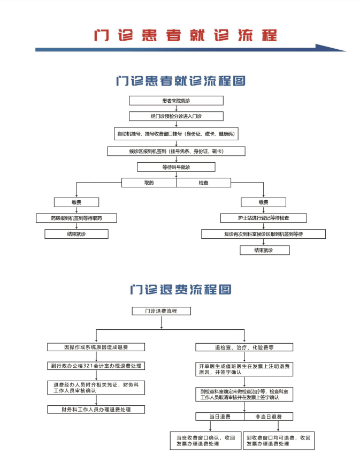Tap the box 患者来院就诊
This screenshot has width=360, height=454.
176,101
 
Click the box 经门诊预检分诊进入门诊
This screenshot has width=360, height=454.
176,116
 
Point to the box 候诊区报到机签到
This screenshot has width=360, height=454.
176,152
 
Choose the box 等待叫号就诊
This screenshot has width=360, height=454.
176,167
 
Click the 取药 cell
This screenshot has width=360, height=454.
149,183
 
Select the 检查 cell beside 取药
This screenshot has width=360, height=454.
203,183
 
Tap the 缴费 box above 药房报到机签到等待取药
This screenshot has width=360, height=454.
76,202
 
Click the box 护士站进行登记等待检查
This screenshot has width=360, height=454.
263,218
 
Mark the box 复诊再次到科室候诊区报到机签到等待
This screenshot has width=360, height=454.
263,234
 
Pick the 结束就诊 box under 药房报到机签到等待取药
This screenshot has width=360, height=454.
76,234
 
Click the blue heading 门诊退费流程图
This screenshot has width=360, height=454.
180,290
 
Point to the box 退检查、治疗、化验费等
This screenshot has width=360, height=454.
244,347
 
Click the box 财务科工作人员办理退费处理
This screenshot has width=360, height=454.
96,410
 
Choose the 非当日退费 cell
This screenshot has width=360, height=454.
269,417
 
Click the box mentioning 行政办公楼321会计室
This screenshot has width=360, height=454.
96,366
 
